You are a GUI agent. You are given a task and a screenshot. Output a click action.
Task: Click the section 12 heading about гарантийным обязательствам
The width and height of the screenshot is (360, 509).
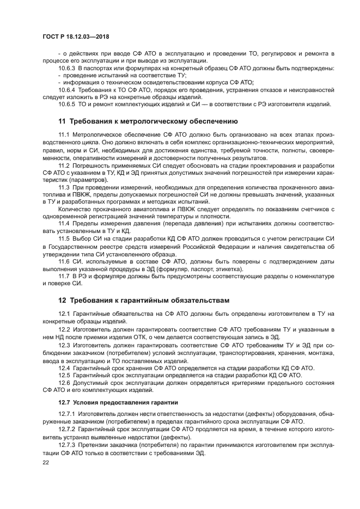click(x=144, y=300)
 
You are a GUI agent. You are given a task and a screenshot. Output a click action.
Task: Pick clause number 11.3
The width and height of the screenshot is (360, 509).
click(x=64, y=187)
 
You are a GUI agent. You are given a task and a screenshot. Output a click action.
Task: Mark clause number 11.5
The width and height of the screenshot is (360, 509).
click(x=64, y=239)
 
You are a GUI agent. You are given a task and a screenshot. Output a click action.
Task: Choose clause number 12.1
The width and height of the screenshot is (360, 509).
click(x=64, y=314)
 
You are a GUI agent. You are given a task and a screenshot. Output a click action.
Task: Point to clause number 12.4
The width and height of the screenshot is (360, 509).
click(x=64, y=368)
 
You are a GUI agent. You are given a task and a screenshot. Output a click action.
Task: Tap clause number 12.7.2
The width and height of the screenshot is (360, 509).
click(x=68, y=430)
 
